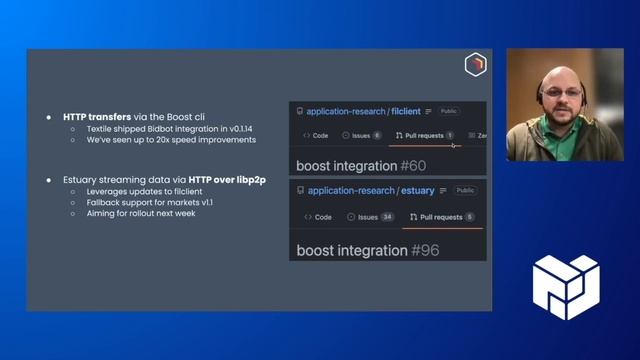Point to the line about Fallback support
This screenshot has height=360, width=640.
[x=142, y=202]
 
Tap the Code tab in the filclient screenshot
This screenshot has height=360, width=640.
[x=316, y=135]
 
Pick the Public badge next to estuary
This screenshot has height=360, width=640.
[x=465, y=190]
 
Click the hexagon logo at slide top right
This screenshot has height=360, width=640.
[x=475, y=66]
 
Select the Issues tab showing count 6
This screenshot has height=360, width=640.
[x=362, y=135]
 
